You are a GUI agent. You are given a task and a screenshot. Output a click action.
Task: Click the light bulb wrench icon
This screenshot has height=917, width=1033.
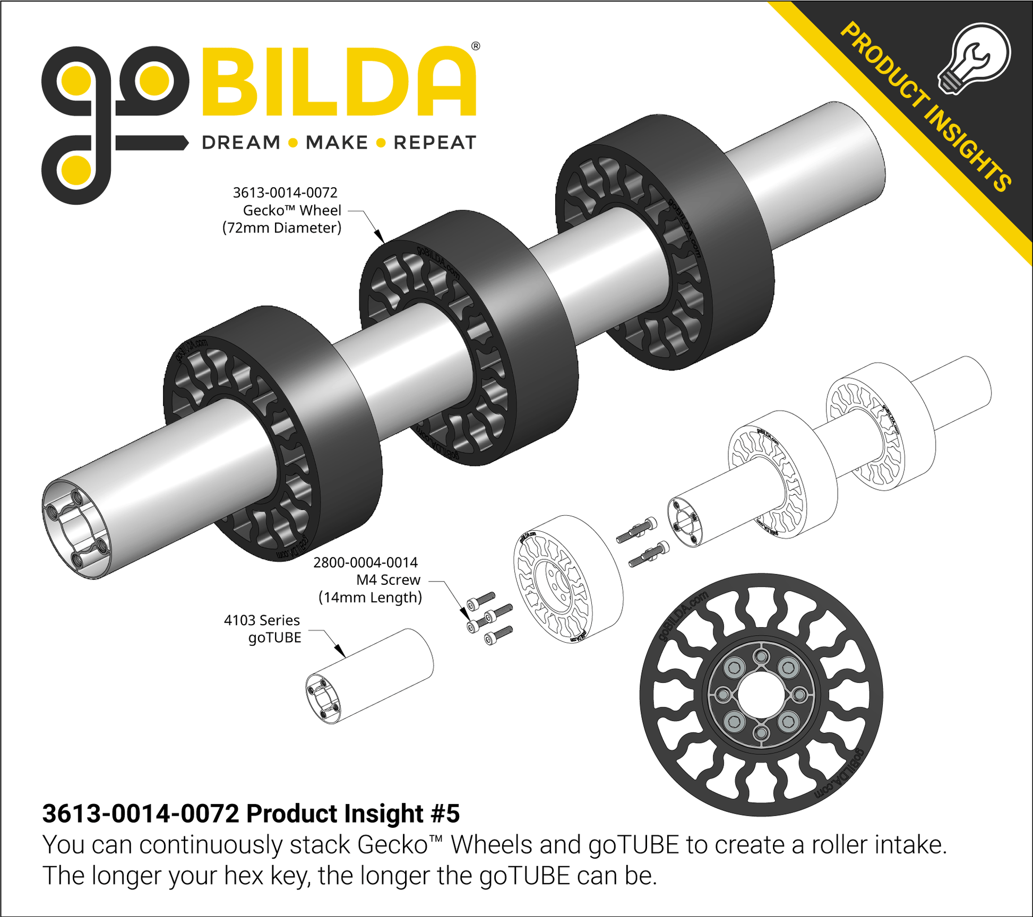click(x=975, y=59)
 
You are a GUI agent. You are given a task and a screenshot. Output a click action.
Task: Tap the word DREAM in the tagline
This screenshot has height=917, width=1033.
click(x=241, y=143)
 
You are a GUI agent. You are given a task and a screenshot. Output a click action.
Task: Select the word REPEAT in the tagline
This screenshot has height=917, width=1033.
click(x=435, y=143)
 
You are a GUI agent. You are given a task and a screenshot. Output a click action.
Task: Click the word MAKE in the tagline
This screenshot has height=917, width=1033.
click(x=337, y=143)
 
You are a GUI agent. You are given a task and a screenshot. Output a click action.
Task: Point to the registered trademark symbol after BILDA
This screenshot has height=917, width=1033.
click(x=476, y=46)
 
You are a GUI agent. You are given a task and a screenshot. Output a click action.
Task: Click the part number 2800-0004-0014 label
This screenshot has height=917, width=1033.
click(x=366, y=563)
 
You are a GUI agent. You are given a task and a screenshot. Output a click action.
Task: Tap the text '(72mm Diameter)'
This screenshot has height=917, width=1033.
click(x=282, y=228)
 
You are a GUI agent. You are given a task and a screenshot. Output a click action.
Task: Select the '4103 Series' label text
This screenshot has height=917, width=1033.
click(x=262, y=620)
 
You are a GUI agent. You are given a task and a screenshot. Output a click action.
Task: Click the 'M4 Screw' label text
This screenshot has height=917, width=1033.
click(x=388, y=580)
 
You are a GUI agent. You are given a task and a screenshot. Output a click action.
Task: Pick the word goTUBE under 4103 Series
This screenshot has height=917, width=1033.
click(x=274, y=638)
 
